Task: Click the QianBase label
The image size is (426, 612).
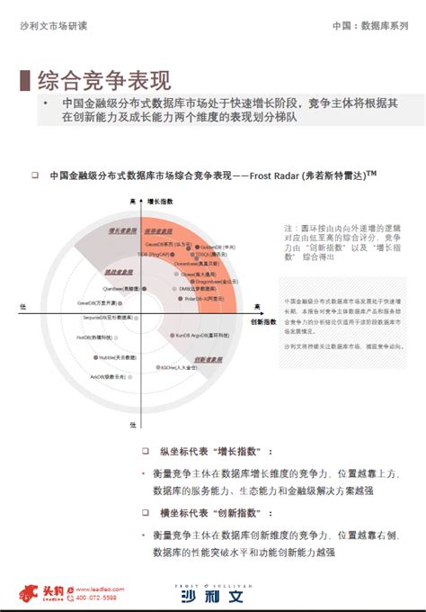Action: pyautogui.click(x=121, y=288)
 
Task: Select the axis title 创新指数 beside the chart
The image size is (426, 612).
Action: pyautogui.click(x=263, y=320)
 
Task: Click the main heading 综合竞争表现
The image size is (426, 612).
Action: pyautogui.click(x=104, y=80)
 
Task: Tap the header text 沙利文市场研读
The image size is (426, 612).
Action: pyautogui.click(x=50, y=27)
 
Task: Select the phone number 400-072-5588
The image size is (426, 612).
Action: pyautogui.click(x=96, y=598)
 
